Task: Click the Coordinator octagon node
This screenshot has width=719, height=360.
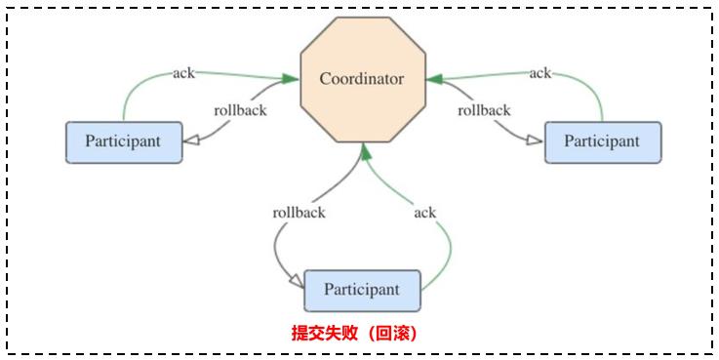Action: [x=362, y=78]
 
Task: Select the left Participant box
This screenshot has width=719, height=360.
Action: [x=124, y=141]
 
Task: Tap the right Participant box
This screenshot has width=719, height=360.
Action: [x=602, y=141]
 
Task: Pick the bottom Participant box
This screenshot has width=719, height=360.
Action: [x=362, y=290]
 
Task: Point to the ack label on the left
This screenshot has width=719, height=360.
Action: [x=183, y=72]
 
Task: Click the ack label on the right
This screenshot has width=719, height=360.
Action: [x=539, y=72]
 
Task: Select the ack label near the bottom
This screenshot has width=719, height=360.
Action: [x=424, y=212]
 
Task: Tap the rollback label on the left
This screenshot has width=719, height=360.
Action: [x=241, y=109]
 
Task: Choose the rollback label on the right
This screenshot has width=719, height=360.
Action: [x=484, y=109]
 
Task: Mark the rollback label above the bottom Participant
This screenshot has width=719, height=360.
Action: [x=299, y=212]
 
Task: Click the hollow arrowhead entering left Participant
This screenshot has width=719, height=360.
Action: [x=192, y=141]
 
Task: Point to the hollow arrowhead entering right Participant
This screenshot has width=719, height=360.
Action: [x=534, y=141]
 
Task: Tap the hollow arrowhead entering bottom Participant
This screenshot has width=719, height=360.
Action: [x=296, y=283]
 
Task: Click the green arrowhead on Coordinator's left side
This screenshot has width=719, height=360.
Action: [x=290, y=78]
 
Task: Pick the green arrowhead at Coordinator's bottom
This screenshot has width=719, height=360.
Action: [x=364, y=149]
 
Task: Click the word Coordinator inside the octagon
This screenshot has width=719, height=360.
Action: [x=362, y=78]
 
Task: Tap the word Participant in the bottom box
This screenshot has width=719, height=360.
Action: [x=362, y=290]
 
